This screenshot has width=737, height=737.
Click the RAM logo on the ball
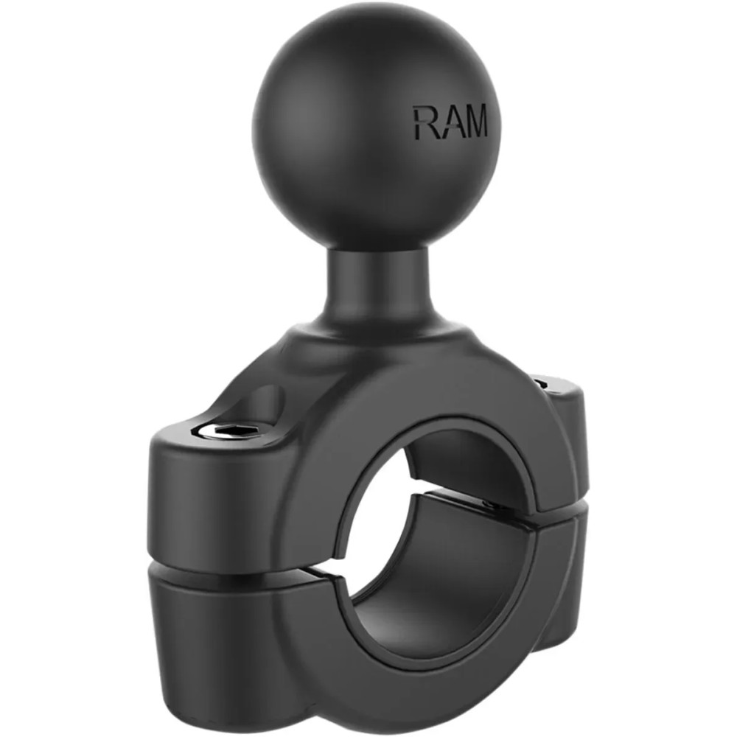pos(450,122)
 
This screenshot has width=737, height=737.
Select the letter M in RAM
pos(474,122)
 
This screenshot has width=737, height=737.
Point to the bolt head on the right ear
pos(542,383)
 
